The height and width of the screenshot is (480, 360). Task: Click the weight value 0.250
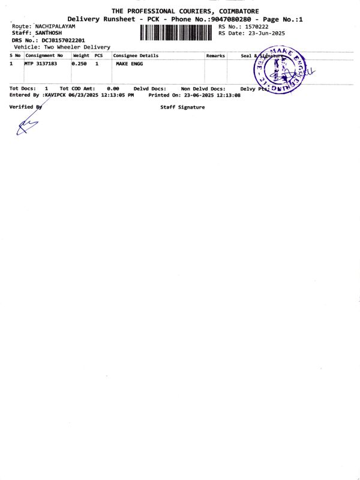point(80,63)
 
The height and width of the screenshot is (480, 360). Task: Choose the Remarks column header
point(215,55)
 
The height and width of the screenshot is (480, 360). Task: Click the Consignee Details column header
point(136,55)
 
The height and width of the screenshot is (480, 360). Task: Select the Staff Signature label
point(182,107)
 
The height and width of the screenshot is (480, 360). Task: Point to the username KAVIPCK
point(56,95)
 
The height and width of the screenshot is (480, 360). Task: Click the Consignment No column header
point(44,55)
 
